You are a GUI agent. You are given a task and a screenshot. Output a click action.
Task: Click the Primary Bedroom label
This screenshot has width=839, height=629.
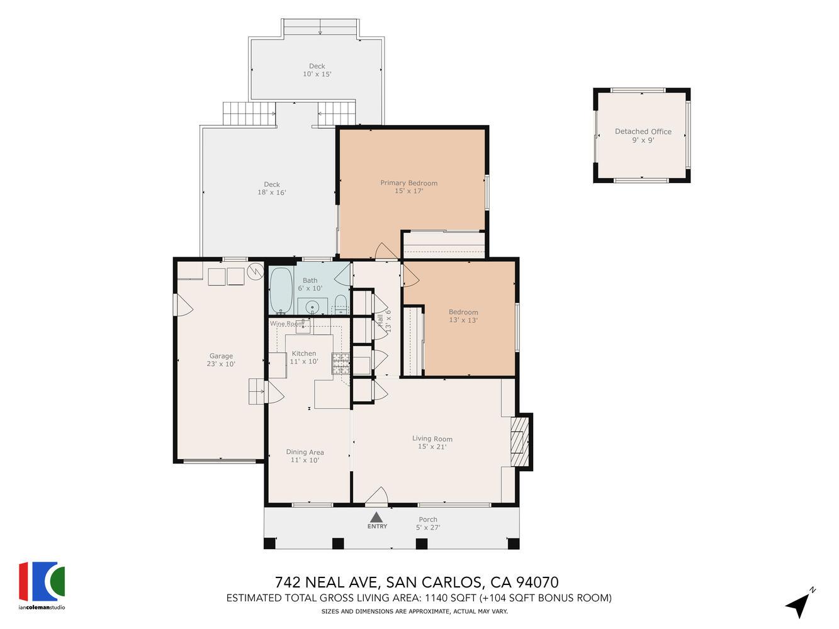408,187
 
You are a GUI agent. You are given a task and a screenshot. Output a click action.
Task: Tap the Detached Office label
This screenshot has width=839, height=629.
643,135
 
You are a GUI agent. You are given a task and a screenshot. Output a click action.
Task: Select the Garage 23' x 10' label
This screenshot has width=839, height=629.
220,360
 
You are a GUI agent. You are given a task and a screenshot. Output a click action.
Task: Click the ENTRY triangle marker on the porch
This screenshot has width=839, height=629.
376,518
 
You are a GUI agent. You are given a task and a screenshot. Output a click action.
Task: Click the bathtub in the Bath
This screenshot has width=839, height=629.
280,291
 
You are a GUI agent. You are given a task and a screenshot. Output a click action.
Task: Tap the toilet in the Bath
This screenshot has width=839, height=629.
340,303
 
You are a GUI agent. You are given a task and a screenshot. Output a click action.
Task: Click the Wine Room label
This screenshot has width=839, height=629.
286,323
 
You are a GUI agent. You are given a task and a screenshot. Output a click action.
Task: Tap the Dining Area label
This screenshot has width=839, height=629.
305,455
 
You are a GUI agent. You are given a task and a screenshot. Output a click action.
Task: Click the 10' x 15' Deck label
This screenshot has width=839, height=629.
317,70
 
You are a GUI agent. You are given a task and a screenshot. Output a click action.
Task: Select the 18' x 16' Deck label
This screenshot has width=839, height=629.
271,188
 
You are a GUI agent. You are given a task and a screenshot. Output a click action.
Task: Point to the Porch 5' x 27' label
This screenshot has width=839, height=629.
427,523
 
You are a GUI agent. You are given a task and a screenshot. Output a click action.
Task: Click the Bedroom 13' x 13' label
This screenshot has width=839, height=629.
463,316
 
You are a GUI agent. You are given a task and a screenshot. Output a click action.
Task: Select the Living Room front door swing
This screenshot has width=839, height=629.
376,497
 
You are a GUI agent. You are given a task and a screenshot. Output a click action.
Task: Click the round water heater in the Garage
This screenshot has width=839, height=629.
256,271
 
